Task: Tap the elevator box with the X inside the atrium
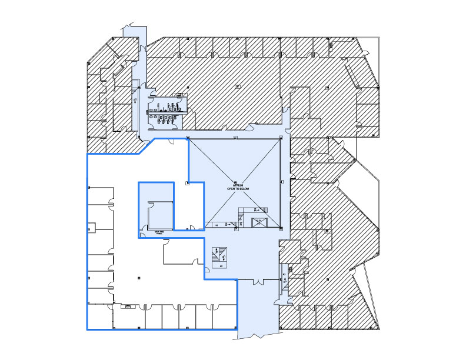click(x=258, y=222)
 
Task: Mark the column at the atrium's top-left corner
click(x=188, y=138)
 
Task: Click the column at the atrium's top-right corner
click(x=281, y=138)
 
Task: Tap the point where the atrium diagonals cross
click(x=235, y=182)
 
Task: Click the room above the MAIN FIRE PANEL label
click(x=159, y=215)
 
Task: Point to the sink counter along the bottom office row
click(x=126, y=306)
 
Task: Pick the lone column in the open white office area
click(x=137, y=277)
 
